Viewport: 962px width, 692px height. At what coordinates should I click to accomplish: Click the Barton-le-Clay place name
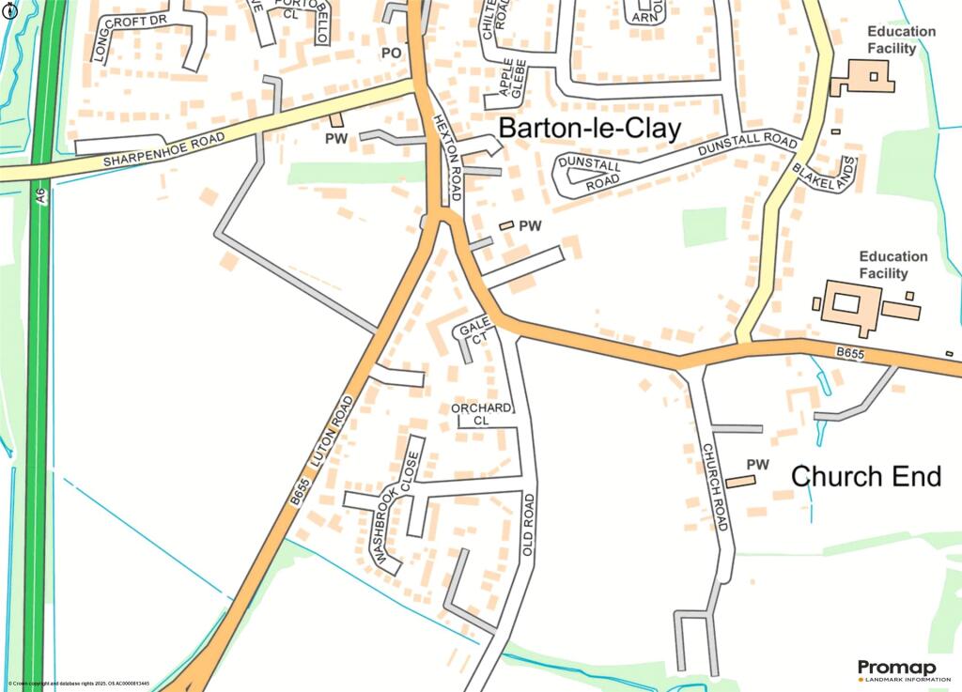588,130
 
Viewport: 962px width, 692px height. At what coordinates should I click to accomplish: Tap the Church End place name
865,476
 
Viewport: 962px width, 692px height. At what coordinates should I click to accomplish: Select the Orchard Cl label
482,414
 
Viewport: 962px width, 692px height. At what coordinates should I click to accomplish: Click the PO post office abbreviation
391,54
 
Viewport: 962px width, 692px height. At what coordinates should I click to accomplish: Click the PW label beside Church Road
757,464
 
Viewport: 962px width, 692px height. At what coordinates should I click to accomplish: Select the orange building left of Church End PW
740,481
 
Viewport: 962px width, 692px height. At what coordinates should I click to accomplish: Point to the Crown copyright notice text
79,684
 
